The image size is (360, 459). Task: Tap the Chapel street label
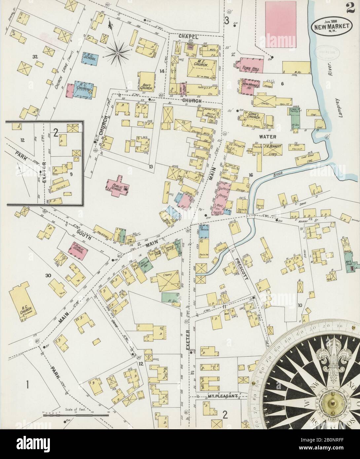coord(189,37)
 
